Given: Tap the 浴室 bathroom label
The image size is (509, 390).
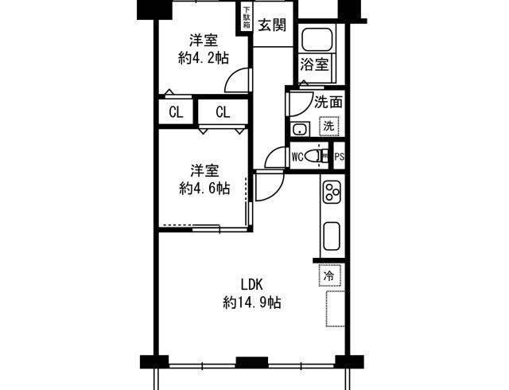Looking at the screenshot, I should pyautogui.click(x=314, y=64).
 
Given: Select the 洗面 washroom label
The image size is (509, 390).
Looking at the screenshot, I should pyautogui.click(x=328, y=102).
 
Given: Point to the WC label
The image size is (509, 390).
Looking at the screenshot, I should pyautogui.click(x=297, y=157).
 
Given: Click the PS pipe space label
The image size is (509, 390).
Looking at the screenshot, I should pyautogui.click(x=339, y=157).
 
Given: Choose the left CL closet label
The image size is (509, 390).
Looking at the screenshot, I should pyautogui.click(x=176, y=112).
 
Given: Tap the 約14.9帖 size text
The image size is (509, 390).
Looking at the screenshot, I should pyautogui.click(x=252, y=302).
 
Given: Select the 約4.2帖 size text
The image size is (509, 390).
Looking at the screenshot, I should pyautogui.click(x=204, y=57).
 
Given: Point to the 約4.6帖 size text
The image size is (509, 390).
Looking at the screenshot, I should pyautogui.click(x=204, y=189).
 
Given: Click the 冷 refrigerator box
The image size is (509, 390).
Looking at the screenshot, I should pyautogui.click(x=328, y=275).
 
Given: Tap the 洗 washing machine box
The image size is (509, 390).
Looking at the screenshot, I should pyautogui.click(x=328, y=126).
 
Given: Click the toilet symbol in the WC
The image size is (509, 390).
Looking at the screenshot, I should pyautogui.click(x=320, y=157).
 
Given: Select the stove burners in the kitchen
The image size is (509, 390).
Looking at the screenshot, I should pyautogui.click(x=331, y=191).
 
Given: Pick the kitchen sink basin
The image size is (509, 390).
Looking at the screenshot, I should pyautogui.click(x=331, y=236).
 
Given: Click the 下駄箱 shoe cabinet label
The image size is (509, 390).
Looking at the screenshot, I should pyautogui.click(x=246, y=18).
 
